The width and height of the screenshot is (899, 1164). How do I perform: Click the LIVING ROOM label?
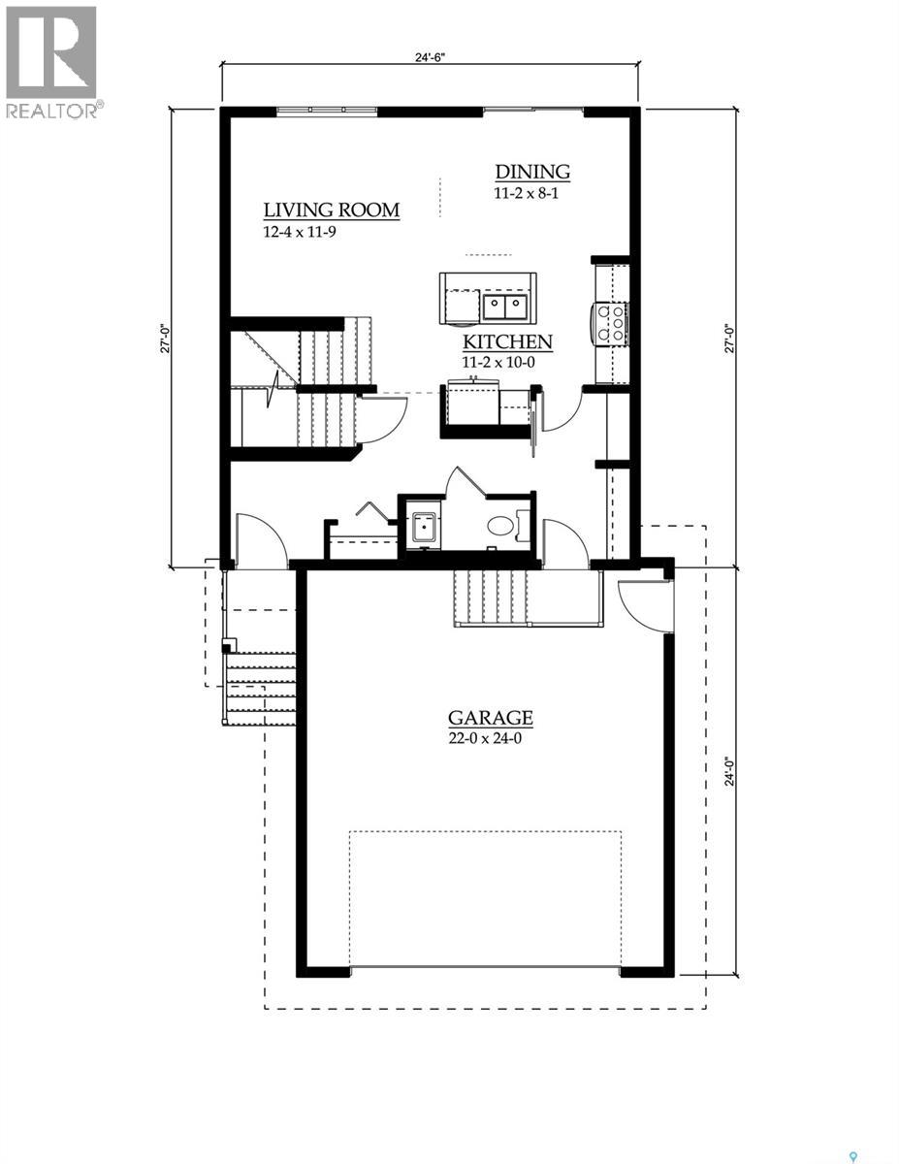(332, 210)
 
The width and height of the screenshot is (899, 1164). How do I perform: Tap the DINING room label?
(532, 172)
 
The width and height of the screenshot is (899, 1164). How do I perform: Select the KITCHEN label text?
(507, 342)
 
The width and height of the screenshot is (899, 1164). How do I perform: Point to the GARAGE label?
(490, 718)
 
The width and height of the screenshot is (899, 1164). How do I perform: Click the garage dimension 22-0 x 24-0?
(490, 737)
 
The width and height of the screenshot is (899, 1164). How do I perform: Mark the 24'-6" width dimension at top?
(429, 57)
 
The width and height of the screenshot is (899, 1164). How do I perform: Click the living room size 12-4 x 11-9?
(300, 232)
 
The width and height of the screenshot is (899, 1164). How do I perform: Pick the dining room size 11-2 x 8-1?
(528, 193)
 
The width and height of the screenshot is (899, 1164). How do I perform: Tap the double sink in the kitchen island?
(505, 307)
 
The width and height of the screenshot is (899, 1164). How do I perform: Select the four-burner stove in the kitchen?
(613, 323)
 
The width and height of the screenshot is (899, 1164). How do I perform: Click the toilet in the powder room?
(500, 527)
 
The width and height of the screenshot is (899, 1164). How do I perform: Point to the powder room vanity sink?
(422, 529)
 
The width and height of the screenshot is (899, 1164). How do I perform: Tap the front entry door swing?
(260, 541)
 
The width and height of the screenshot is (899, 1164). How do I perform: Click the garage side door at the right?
(640, 604)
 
